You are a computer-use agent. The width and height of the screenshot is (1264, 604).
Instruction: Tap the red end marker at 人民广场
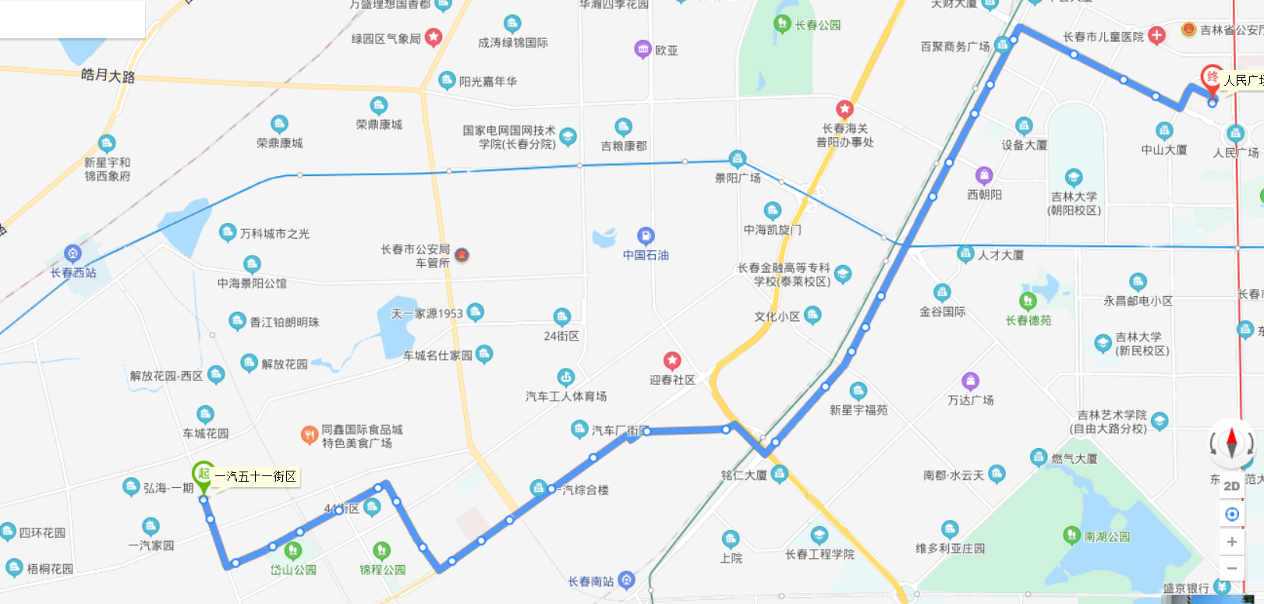(x=1212, y=77)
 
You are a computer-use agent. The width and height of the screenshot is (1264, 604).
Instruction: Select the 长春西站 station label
(x=73, y=273)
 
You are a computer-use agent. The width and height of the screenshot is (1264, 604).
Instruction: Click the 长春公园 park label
(x=818, y=25)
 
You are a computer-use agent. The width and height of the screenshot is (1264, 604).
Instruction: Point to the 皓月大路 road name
(x=108, y=76)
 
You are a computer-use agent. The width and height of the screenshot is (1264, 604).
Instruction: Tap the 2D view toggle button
(x=1231, y=486)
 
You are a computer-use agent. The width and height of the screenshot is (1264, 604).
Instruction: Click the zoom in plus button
(x=1232, y=542)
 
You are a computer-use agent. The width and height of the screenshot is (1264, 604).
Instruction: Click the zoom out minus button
(x=1232, y=568)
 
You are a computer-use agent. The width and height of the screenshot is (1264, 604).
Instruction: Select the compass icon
(x=1231, y=442)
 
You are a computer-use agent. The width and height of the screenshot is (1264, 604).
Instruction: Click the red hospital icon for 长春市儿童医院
(x=1157, y=35)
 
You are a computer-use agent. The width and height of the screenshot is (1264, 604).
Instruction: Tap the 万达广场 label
(x=971, y=400)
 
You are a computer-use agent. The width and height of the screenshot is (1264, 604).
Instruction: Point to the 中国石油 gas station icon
(x=646, y=235)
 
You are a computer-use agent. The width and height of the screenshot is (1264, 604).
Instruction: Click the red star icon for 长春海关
(x=844, y=109)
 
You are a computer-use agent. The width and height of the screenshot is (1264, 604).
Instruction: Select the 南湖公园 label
(x=1106, y=537)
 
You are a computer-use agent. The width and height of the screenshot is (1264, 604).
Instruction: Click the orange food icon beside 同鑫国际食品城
(x=309, y=434)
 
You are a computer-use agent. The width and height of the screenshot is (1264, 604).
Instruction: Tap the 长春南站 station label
(x=590, y=581)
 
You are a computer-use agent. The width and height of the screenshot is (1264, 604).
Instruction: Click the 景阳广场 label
(x=738, y=178)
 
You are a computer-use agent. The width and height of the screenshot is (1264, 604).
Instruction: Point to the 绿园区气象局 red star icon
(x=434, y=37)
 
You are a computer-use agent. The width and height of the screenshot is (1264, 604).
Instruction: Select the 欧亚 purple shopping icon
(x=643, y=49)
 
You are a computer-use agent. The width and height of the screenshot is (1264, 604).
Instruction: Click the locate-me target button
(x=1232, y=514)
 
